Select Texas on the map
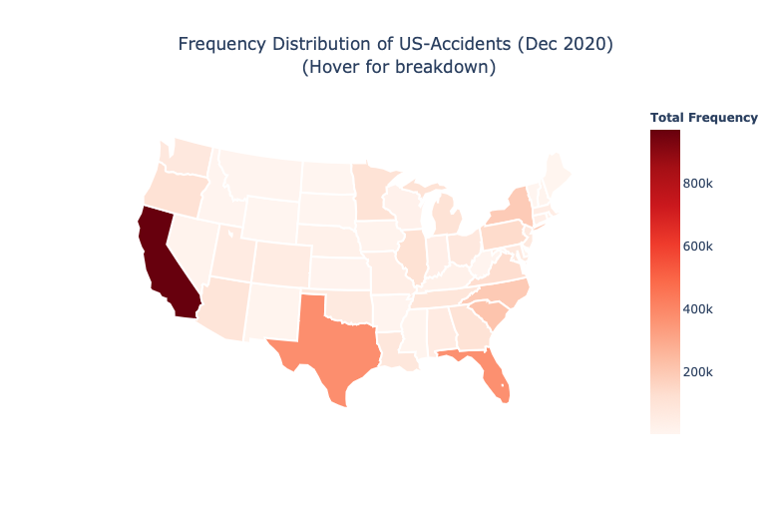324,344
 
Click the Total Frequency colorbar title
704,118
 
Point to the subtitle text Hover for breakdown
399,68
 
